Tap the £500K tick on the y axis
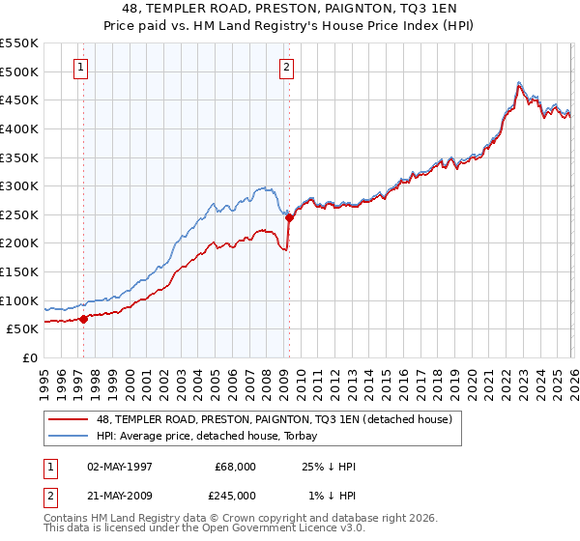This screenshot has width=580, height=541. (19, 71)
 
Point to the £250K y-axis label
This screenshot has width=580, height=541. (19, 214)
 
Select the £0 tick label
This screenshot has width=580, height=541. (29, 357)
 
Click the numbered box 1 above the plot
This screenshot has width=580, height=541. (79, 67)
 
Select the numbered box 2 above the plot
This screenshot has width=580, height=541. (287, 67)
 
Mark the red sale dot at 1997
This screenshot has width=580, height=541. (84, 318)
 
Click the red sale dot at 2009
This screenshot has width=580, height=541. (289, 217)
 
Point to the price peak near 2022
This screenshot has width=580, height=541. (520, 83)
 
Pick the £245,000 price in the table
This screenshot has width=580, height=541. (236, 495)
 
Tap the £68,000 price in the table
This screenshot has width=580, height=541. (236, 467)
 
